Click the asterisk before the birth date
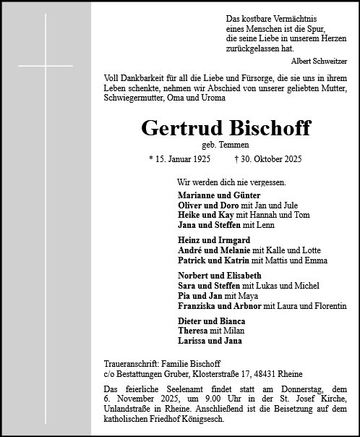151,159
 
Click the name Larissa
193,339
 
